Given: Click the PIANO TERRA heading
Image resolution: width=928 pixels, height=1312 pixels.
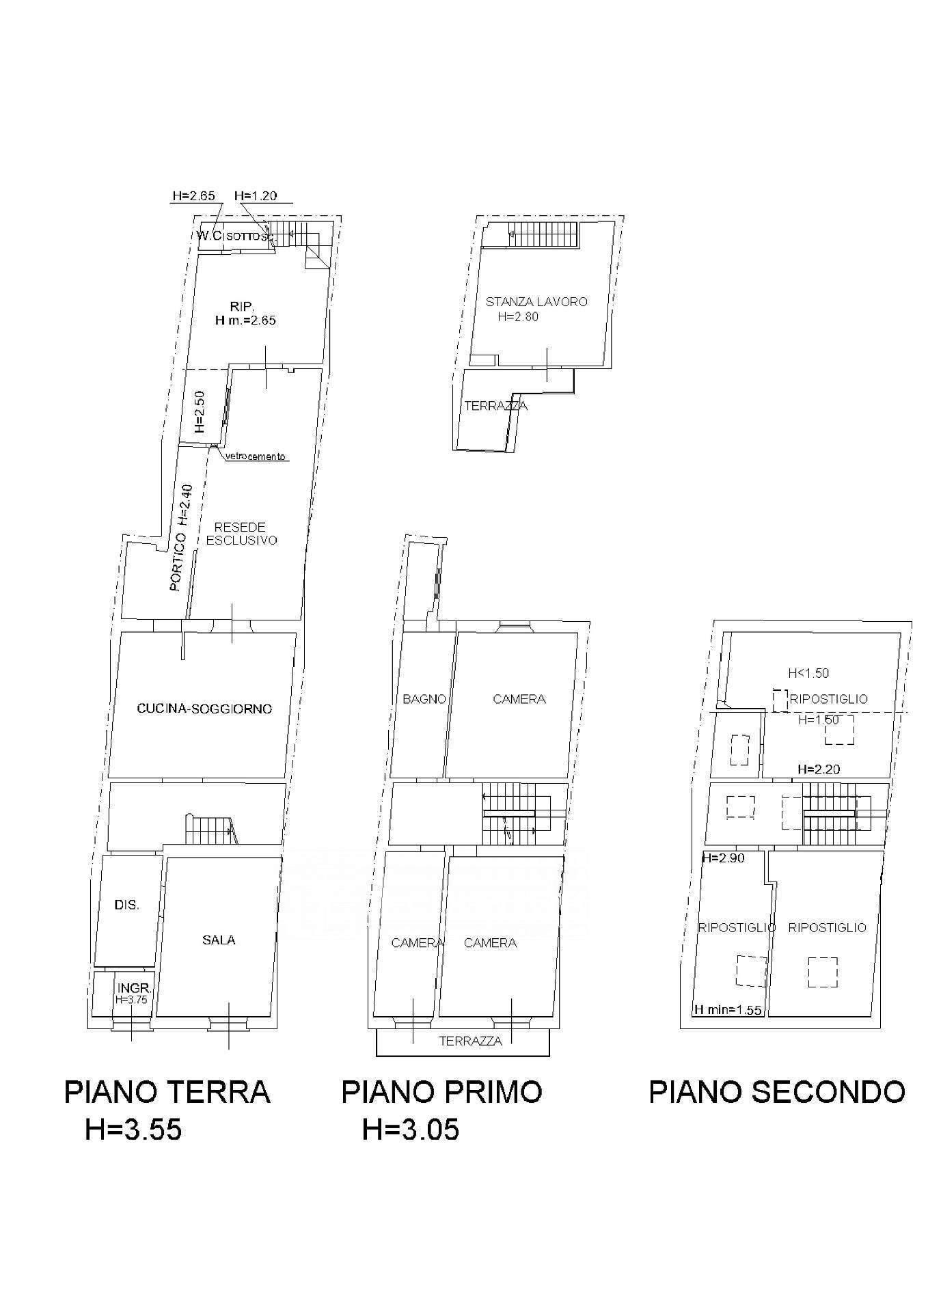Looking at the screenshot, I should [167, 1091].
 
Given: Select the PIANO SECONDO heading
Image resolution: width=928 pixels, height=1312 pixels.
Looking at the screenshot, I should [776, 1091].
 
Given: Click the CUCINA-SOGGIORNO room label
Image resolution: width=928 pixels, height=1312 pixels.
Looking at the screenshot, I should [204, 709].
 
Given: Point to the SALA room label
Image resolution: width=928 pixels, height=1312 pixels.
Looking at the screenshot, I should [219, 940].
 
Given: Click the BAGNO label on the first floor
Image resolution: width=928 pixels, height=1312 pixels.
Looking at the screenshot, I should [424, 699].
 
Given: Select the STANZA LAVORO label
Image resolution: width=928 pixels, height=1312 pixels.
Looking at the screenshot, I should [536, 301].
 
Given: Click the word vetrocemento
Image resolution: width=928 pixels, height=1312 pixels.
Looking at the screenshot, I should [256, 456].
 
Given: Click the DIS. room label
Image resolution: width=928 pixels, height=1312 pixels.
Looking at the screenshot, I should [127, 905].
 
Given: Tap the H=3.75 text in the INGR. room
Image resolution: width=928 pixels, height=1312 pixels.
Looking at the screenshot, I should [133, 999].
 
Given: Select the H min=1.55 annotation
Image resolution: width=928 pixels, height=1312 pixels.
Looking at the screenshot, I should [728, 1010].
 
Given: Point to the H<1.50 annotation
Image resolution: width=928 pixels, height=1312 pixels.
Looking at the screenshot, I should [808, 673].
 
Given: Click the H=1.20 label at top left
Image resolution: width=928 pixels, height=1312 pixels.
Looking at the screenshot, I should [255, 195].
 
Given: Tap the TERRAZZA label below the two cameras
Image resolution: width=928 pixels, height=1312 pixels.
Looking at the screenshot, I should [470, 1041].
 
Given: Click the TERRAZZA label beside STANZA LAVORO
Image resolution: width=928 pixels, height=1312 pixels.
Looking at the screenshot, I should [495, 406].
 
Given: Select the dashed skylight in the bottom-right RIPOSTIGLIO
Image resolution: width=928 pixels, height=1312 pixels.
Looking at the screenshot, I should [822, 972].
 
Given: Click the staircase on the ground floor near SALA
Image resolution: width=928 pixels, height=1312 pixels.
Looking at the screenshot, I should [209, 829].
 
